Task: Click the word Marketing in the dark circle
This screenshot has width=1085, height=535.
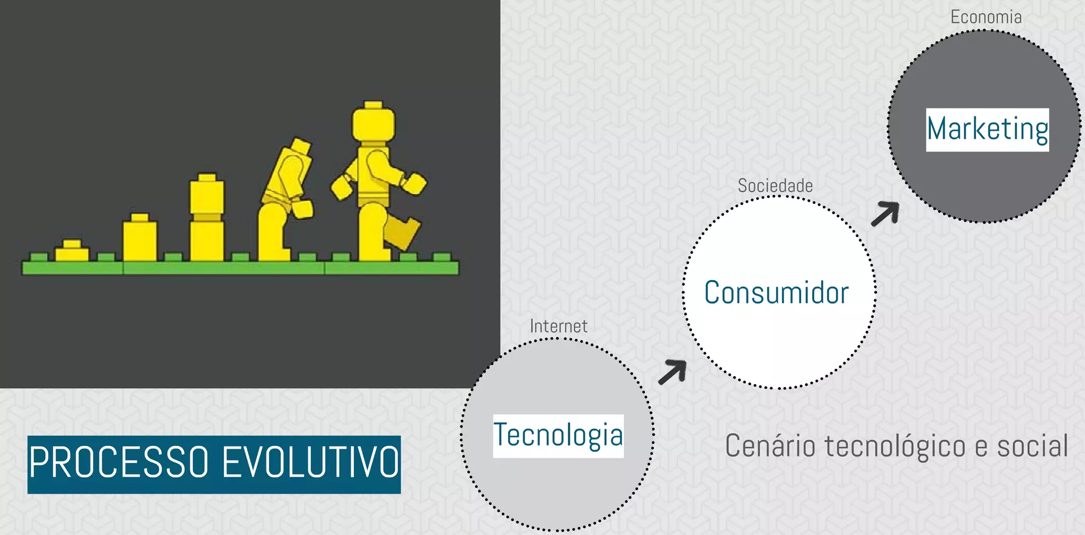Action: point(987,129)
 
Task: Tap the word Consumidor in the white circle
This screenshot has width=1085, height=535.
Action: point(776,293)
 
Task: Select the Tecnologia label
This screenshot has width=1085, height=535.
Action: point(558,435)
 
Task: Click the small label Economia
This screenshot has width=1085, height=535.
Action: point(986,17)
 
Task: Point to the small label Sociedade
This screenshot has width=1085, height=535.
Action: point(775,186)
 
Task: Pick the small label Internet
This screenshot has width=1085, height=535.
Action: point(558,326)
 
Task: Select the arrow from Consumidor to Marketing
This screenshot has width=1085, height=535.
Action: point(886,213)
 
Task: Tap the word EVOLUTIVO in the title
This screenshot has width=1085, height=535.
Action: point(310,463)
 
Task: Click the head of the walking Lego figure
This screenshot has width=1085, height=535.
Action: point(373,123)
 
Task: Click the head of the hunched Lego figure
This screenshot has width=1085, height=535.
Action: point(300,146)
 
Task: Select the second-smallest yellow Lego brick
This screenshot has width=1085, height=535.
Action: point(140,238)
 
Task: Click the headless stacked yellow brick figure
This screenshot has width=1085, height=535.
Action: point(207,218)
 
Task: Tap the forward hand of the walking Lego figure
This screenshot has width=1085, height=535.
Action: point(414,183)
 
